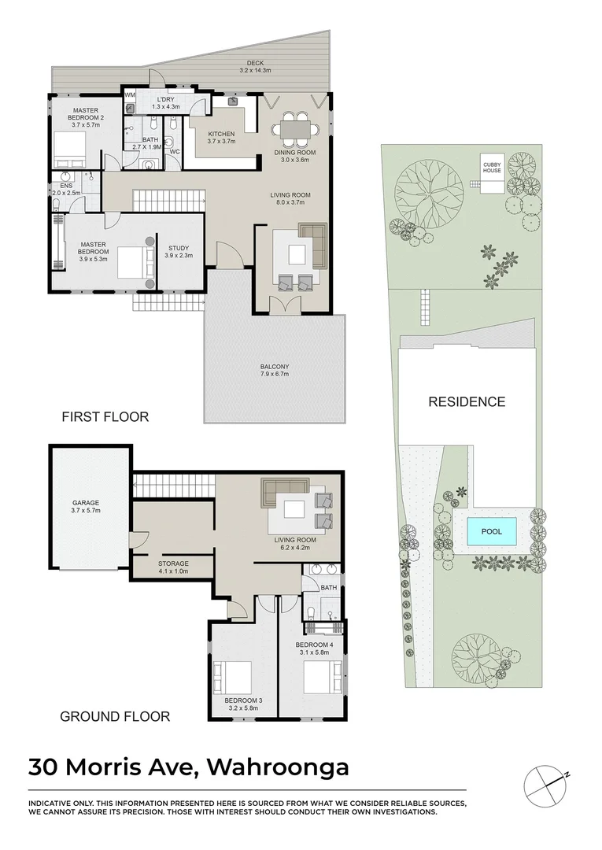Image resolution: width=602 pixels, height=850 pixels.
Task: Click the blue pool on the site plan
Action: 492,531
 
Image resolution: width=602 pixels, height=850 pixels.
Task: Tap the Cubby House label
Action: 492,167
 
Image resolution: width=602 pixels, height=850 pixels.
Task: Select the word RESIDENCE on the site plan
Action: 467,401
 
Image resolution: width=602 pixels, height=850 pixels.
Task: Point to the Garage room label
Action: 86,506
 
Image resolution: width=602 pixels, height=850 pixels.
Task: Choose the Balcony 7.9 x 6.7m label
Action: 275,370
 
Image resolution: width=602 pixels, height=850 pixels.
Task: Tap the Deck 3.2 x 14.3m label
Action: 255,67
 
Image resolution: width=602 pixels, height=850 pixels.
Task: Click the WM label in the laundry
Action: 130,95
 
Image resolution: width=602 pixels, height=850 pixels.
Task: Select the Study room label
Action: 179,252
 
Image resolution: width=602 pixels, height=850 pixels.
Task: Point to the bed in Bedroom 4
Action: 322,675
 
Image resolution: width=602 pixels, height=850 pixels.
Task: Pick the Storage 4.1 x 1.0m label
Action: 173,567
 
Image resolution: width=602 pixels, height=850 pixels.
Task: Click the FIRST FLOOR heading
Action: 105,417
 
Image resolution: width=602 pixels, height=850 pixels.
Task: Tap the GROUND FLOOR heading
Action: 115,717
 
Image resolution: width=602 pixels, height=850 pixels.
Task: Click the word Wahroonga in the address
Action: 278,767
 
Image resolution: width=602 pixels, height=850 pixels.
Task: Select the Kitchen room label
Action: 221,138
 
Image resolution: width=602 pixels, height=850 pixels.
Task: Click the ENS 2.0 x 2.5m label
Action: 66,189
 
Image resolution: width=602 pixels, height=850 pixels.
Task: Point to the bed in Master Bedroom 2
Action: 69,150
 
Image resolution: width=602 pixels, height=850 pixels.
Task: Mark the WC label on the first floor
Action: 175,152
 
